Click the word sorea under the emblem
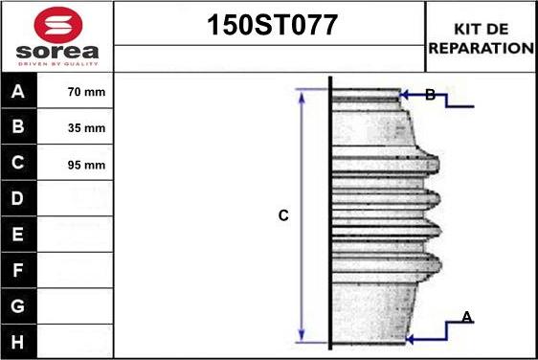point(57,52)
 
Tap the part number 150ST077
point(272,25)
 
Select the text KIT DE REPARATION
point(482,38)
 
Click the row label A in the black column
point(18,92)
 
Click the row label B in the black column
point(18,126)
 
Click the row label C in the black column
point(18,163)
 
